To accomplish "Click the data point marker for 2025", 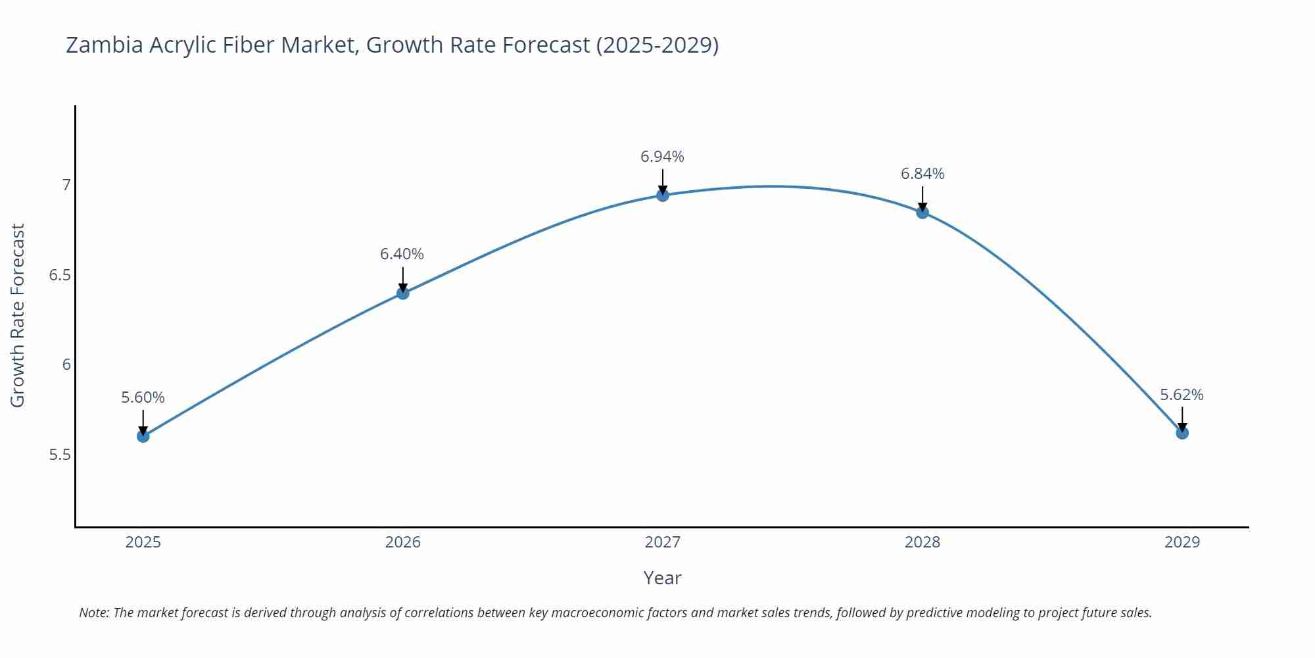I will pos(143,436).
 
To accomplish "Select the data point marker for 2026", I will pos(403,293).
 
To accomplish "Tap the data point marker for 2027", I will pos(663,195).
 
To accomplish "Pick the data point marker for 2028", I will pos(922,213).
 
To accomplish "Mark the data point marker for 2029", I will pos(1182,433).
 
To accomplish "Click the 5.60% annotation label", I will pos(143,397).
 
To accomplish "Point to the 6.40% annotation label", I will pos(402,254).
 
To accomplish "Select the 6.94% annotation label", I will pos(662,157).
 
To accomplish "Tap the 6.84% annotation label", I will pos(922,174).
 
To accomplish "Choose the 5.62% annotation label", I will pos(1182,395).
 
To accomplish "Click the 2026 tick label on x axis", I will pos(402,542).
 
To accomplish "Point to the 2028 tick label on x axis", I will pos(922,542).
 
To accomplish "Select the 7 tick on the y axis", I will pos(66,185).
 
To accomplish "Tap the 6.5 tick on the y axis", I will pos(60,275).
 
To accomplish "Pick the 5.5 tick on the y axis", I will pos(60,455).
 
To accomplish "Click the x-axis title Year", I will pos(662,578).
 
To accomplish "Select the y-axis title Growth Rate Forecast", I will pos(18,315).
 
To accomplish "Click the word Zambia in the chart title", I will pos(104,45).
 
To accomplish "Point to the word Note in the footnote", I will pos(93,613).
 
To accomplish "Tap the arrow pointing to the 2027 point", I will pos(663,180).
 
